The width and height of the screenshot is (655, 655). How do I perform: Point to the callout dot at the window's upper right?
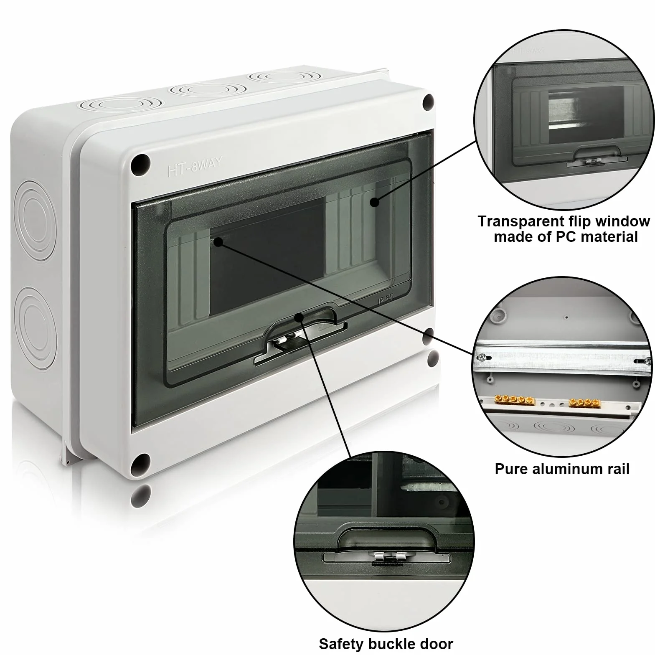(374, 202)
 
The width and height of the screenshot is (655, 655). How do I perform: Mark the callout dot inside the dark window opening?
(218, 241)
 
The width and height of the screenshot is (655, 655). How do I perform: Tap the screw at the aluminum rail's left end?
(482, 357)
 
